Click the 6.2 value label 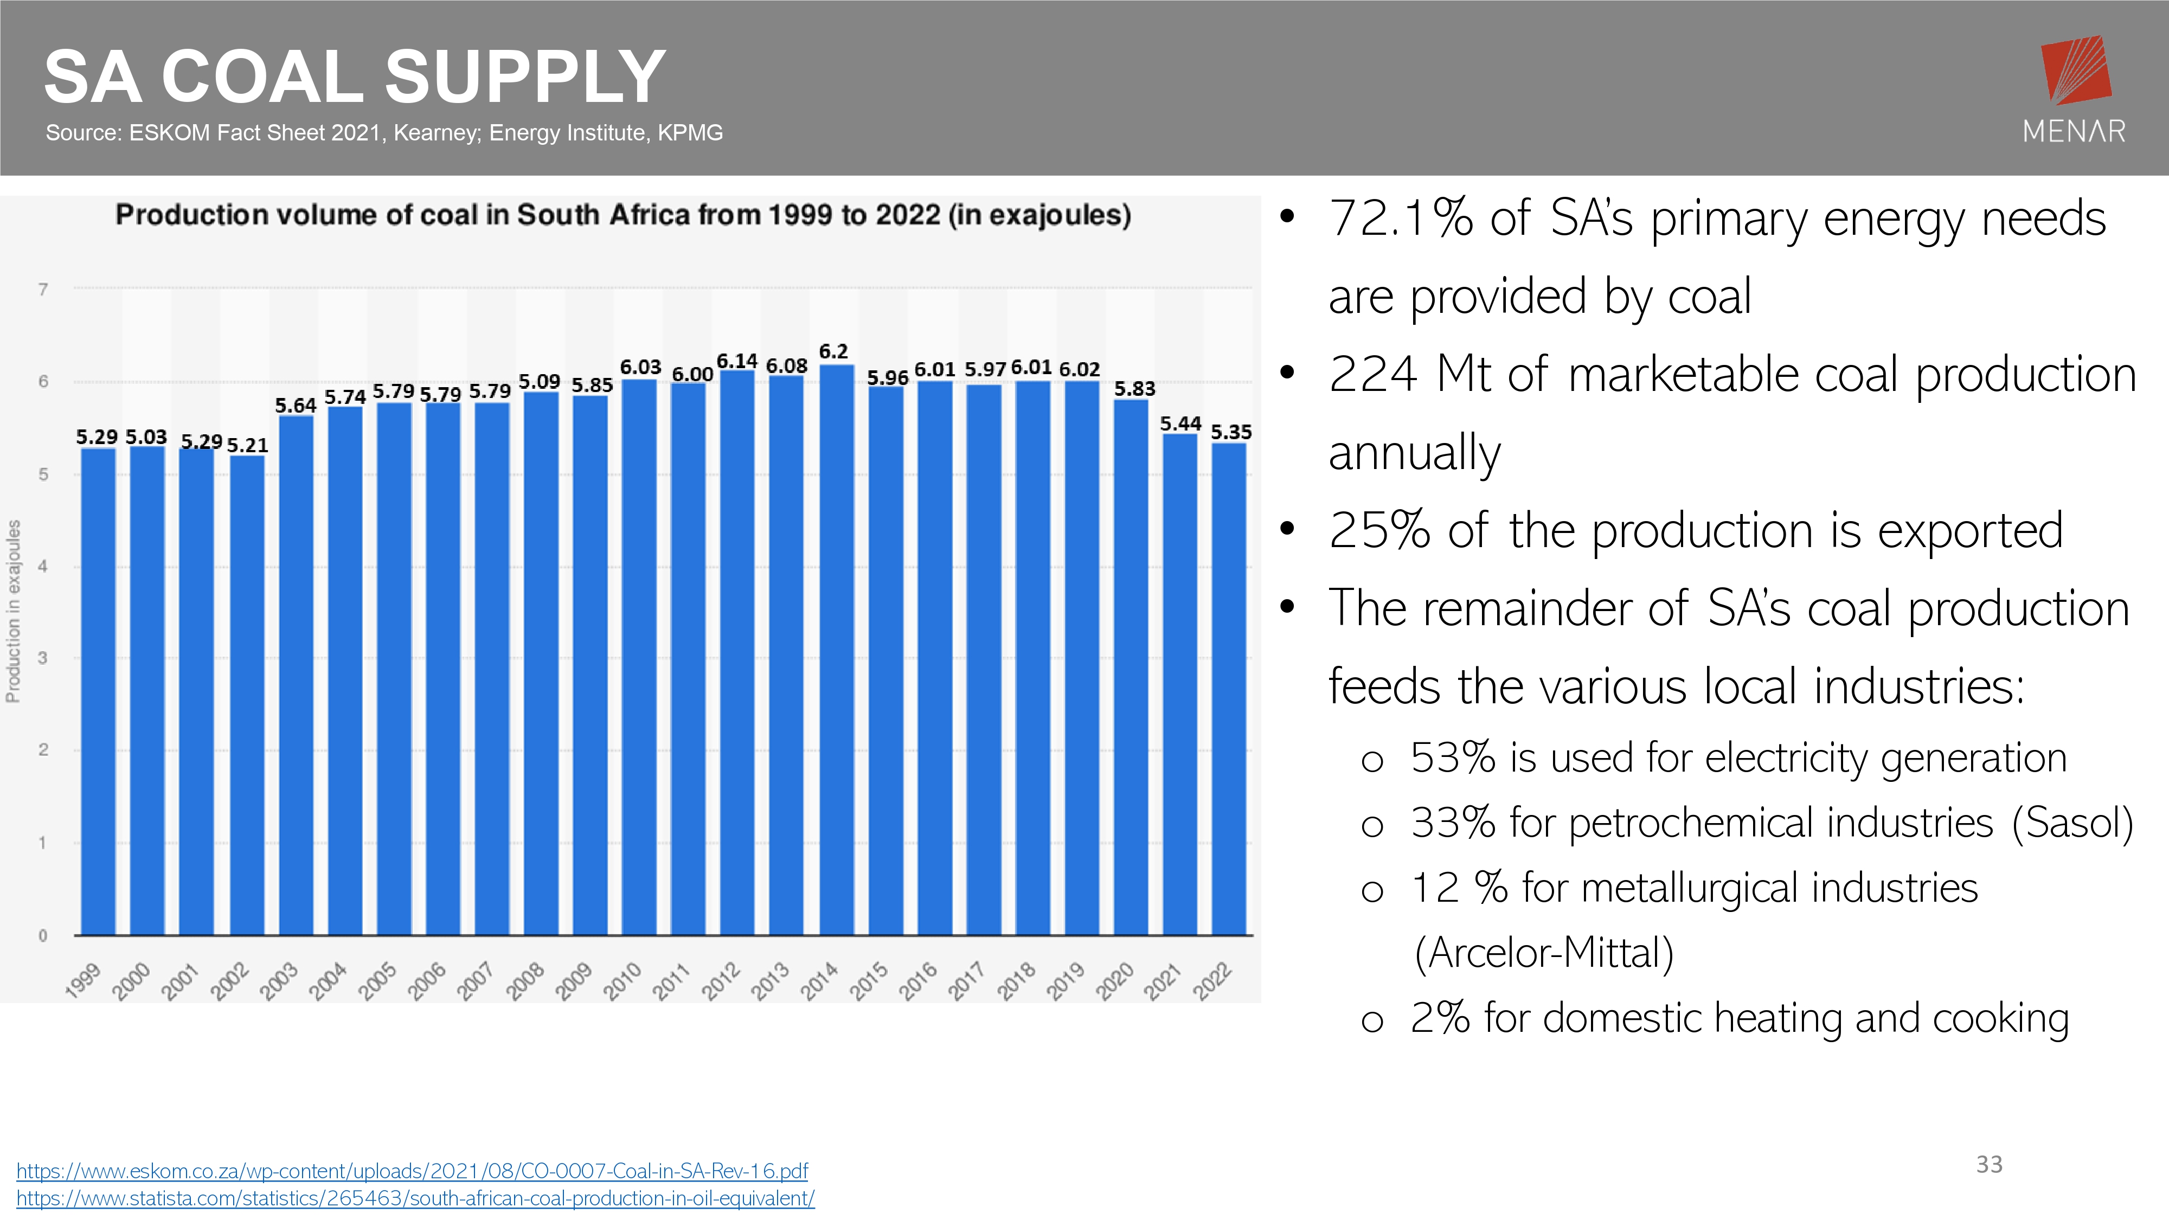833,351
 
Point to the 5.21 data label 248,445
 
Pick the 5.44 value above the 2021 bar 1180,423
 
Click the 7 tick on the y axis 43,290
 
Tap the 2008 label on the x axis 525,981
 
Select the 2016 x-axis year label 918,981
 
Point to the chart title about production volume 623,216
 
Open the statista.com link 415,1198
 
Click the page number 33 1989,1165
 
